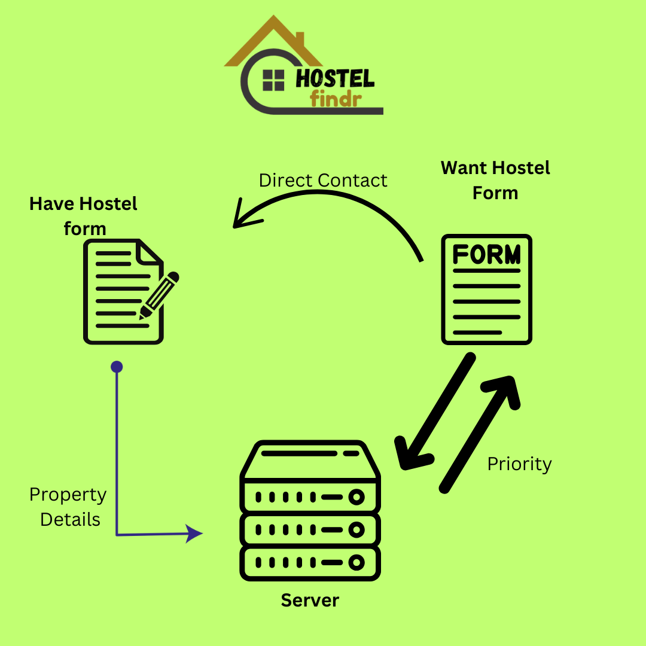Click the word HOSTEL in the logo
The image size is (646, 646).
(x=335, y=78)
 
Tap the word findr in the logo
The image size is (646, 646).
(x=336, y=98)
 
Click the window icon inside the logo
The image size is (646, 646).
(x=273, y=80)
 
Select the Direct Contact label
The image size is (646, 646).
(x=323, y=180)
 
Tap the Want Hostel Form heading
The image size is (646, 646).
(x=495, y=180)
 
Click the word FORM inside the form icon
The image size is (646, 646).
(x=486, y=255)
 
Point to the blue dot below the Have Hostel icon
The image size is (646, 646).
(x=117, y=367)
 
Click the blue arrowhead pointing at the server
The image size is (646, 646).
(x=194, y=533)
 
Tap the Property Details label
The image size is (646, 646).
(x=68, y=507)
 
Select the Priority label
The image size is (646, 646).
(x=519, y=464)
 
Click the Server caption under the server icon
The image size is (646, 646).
(x=310, y=600)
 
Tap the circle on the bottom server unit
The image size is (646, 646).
(x=357, y=562)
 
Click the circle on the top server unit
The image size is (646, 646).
(x=357, y=497)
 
